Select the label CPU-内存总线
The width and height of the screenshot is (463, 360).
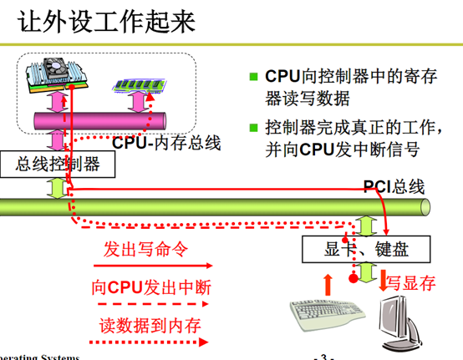pos(166,143)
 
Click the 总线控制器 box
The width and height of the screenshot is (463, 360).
pos(58,165)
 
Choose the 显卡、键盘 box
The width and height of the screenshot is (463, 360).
pos(364,248)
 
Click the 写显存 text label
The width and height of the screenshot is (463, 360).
pos(410,282)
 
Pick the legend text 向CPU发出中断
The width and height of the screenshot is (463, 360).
pos(151,287)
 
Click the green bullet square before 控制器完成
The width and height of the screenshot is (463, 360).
pos(254,129)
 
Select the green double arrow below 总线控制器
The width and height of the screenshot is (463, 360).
pos(57,187)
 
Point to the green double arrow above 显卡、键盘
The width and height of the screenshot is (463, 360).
pos(364,223)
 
